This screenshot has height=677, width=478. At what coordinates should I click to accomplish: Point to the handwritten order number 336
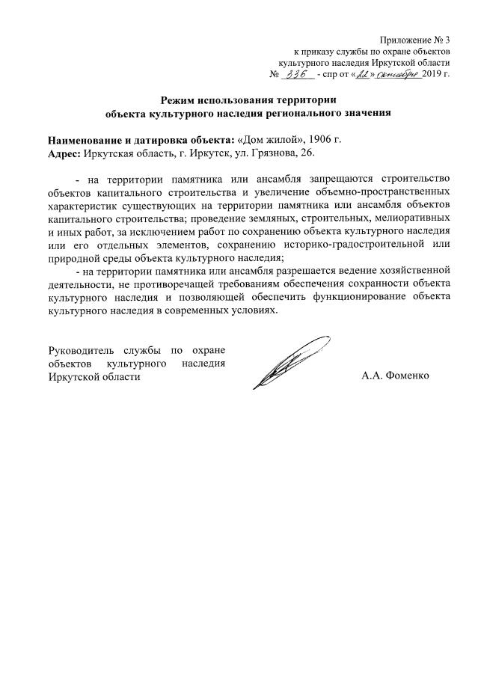tap(298, 75)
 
